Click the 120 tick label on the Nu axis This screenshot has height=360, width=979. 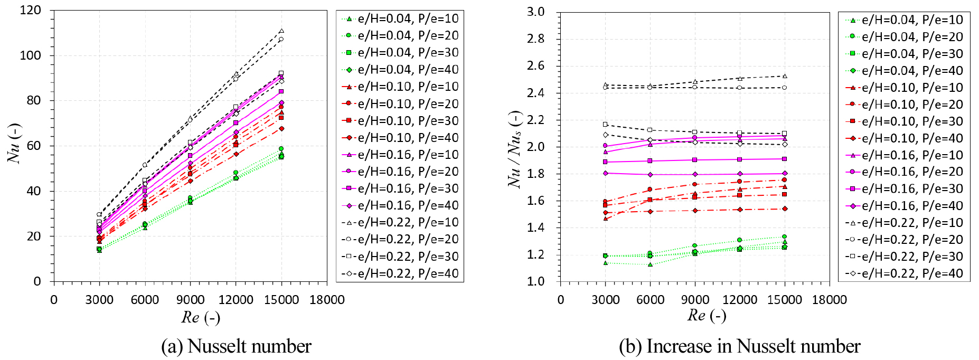click(30, 11)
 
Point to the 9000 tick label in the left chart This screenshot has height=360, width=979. click(190, 300)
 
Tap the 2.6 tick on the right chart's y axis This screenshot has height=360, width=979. click(535, 65)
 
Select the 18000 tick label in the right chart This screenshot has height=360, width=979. click(829, 300)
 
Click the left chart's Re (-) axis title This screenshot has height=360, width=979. click(200, 317)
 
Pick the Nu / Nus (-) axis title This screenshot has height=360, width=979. click(515, 149)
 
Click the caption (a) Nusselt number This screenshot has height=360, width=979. click(236, 346)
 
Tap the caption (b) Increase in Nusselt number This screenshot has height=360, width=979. click(739, 346)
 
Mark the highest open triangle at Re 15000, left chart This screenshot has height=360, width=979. click(281, 31)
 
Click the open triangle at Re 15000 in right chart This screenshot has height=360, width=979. click(785, 76)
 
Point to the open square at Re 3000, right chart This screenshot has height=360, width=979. click(606, 125)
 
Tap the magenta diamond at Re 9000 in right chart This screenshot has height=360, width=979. click(695, 174)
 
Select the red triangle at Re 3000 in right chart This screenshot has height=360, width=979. click(606, 219)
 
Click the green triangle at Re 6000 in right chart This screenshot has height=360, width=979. click(651, 264)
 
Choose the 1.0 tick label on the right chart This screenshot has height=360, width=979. click(535, 281)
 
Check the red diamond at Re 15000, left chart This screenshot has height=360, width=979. click(281, 128)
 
